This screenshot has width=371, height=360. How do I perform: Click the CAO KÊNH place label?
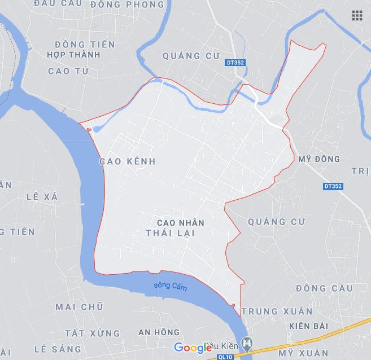(x=127, y=161)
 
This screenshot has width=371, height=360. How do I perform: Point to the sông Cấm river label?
(x=170, y=287)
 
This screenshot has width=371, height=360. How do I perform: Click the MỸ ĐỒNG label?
(x=319, y=159)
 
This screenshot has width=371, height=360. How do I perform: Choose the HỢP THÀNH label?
(x=74, y=55)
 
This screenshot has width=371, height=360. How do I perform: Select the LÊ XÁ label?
(x=42, y=196)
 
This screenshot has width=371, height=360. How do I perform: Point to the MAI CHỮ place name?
(x=79, y=307)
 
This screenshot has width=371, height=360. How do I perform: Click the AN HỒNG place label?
(x=159, y=332)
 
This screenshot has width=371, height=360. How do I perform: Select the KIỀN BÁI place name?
(x=308, y=327)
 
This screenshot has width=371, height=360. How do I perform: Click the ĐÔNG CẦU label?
(x=324, y=288)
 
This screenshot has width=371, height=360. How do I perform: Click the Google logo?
(x=193, y=348)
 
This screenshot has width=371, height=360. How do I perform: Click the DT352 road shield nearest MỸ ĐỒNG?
(x=334, y=186)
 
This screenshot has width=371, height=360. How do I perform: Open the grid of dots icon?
(x=357, y=16)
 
